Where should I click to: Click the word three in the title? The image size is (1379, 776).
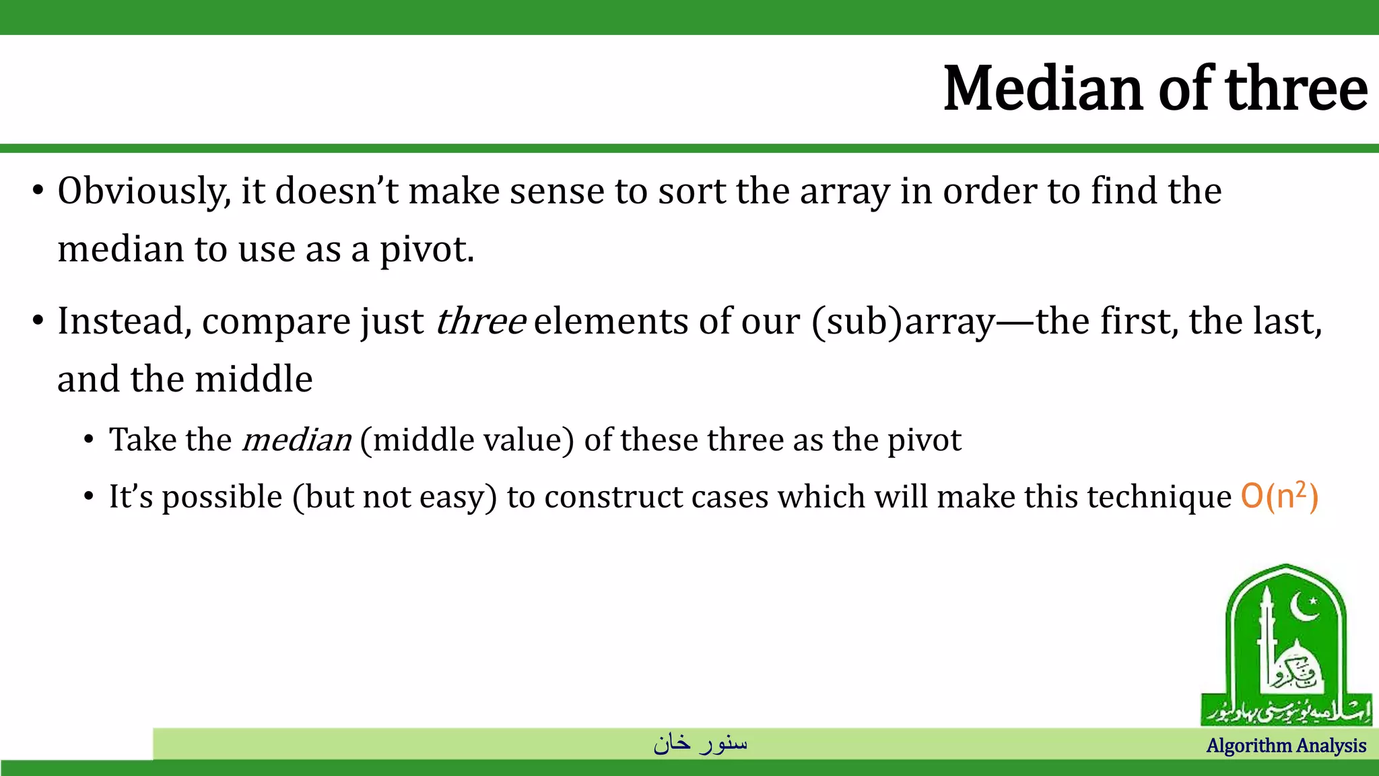coord(1297,89)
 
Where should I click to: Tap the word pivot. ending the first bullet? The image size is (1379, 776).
coord(427,250)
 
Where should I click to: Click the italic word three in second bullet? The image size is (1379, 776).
coord(480,321)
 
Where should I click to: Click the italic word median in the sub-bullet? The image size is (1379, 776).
coord(296,441)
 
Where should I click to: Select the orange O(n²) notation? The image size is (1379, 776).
coord(1279,497)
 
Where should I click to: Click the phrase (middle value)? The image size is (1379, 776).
coord(467,441)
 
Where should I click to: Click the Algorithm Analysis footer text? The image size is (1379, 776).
coord(1286,746)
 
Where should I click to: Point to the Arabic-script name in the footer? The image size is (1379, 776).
coord(700,743)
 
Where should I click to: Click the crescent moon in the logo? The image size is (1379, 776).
coord(1304,607)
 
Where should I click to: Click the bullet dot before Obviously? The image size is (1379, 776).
coord(38,191)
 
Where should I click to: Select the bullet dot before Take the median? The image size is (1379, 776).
coord(88,441)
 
